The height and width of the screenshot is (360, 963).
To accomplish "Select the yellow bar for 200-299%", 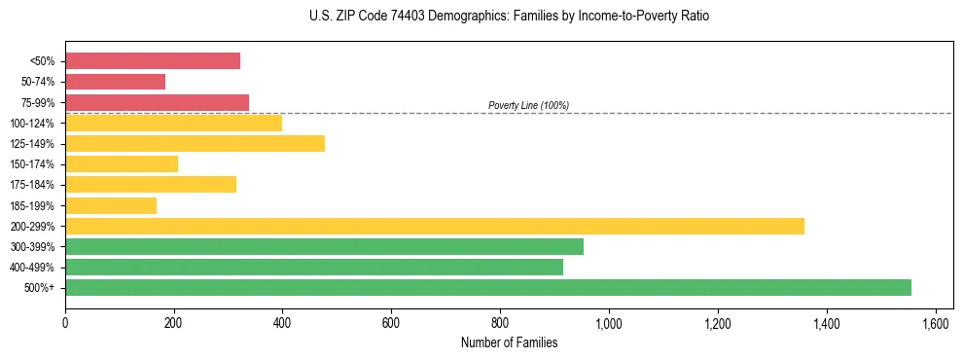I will (x=435, y=226).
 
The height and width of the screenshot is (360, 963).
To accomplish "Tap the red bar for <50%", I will (x=153, y=60).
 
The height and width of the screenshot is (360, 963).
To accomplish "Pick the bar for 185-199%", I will (x=111, y=205).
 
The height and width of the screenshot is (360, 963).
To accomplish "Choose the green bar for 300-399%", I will (x=324, y=246).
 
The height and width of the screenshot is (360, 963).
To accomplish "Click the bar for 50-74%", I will (x=115, y=82).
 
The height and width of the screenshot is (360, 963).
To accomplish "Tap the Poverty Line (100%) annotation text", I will (x=528, y=105).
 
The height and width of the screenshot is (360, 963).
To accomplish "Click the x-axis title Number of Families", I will (x=509, y=342).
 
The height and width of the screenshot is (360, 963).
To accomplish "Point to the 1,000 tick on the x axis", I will (x=609, y=323).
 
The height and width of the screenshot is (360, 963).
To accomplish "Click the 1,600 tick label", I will (x=935, y=323).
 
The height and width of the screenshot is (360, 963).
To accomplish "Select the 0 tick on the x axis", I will (x=65, y=323).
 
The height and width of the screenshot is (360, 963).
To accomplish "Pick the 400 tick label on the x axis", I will (x=282, y=323).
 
